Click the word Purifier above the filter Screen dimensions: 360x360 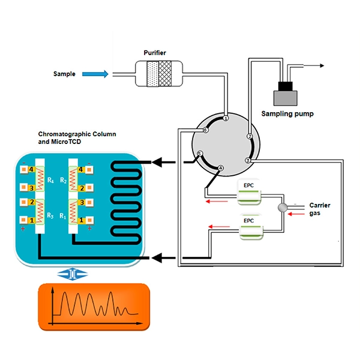pos(154,53)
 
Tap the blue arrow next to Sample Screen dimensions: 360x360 pos(96,74)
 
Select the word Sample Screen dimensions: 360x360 pos(65,74)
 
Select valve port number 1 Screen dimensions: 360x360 pos(226,119)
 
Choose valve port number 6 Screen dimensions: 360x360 pos(205,130)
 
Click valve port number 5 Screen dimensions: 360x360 pos(200,154)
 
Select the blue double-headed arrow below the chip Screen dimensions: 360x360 pos(71,273)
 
